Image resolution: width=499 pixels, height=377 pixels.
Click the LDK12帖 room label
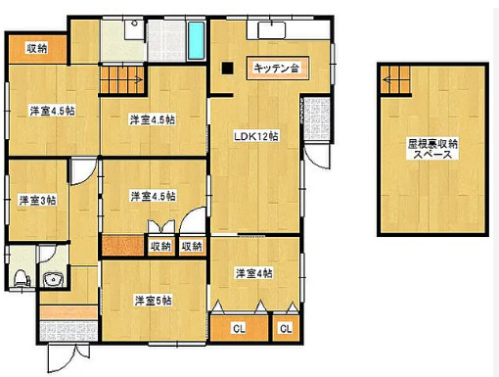(256, 136)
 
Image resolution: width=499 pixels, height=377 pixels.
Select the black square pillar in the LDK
(227, 69)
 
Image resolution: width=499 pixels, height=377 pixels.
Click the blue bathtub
(196, 40)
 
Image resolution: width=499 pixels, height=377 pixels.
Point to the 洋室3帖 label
(37, 200)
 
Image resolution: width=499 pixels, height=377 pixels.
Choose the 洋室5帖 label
(154, 300)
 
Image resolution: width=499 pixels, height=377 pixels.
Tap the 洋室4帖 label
(253, 272)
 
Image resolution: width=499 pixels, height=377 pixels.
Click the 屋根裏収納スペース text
(432, 149)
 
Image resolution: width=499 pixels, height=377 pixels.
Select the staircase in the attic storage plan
(395, 77)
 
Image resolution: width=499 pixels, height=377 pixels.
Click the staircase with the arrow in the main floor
(123, 77)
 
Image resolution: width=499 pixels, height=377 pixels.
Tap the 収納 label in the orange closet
(37, 48)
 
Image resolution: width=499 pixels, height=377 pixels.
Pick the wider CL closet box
(239, 328)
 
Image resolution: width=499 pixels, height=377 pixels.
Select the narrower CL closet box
(286, 328)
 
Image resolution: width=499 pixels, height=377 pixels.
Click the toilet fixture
(19, 276)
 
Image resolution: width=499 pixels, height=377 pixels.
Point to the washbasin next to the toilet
(52, 282)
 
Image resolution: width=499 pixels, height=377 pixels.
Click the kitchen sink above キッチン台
(271, 30)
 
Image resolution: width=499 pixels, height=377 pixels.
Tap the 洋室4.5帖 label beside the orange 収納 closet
(38, 110)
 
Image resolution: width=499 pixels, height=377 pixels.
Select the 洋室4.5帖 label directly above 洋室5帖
(154, 196)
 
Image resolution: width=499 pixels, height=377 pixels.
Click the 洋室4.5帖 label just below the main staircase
(153, 119)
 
